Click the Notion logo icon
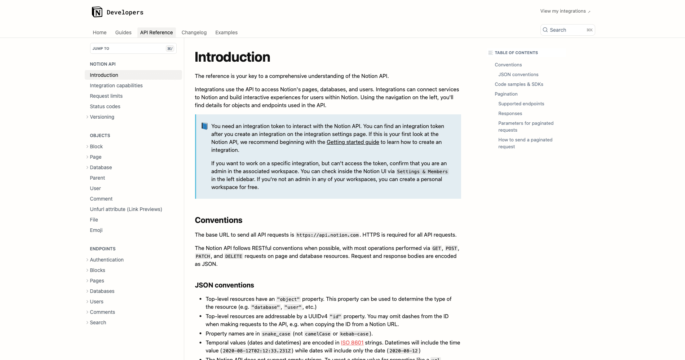pyautogui.click(x=97, y=12)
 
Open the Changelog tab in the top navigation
pyautogui.click(x=194, y=32)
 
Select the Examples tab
pyautogui.click(x=226, y=32)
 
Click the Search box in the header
pyautogui.click(x=567, y=30)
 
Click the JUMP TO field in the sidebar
pyautogui.click(x=133, y=48)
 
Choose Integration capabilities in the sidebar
pyautogui.click(x=116, y=85)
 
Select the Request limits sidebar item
pyautogui.click(x=106, y=96)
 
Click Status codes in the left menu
pyautogui.click(x=105, y=106)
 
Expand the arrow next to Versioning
pyautogui.click(x=87, y=117)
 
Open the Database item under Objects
pyautogui.click(x=101, y=167)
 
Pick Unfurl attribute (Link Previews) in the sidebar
pyautogui.click(x=126, y=209)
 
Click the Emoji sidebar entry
pyautogui.click(x=96, y=230)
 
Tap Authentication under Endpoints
pyautogui.click(x=107, y=260)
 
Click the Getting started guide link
pyautogui.click(x=353, y=142)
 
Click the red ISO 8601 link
pyautogui.click(x=352, y=343)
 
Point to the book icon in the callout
pyautogui.click(x=204, y=126)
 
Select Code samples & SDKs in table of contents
pyautogui.click(x=519, y=84)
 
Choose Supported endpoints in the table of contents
pyautogui.click(x=521, y=104)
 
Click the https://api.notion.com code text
pyautogui.click(x=327, y=235)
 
